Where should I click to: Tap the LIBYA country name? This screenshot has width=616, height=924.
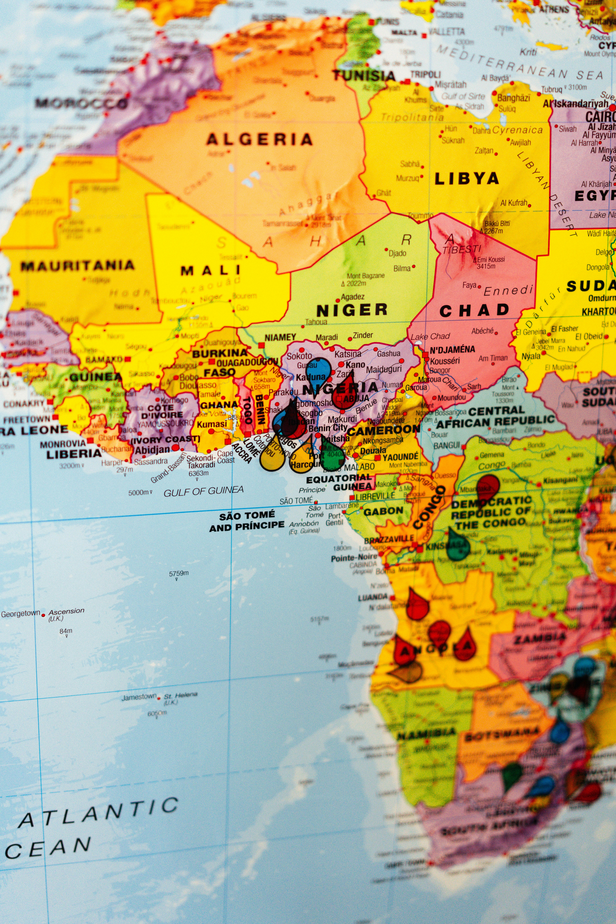click(466, 179)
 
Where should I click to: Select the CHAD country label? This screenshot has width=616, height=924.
click(474, 311)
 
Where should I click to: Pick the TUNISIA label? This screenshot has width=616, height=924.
click(364, 76)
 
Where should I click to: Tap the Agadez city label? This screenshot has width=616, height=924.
click(352, 297)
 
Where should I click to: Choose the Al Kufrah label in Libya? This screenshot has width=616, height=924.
click(513, 203)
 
